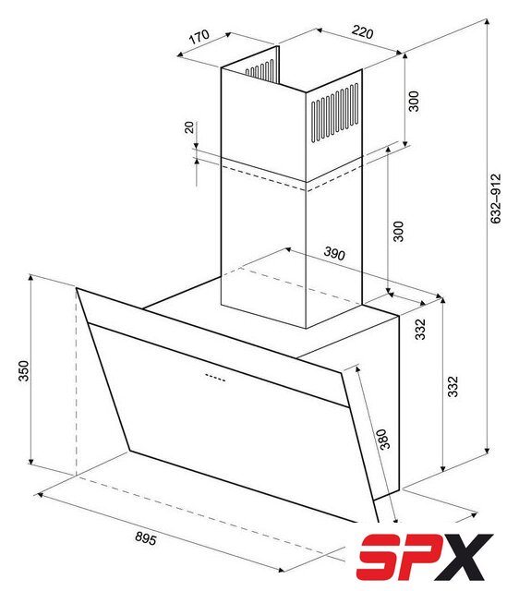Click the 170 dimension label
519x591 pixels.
click(199, 36)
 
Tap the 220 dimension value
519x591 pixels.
click(363, 32)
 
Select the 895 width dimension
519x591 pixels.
click(146, 538)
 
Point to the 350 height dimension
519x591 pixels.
click(23, 371)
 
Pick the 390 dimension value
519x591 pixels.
click(334, 254)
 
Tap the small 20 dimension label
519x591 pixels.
click(189, 127)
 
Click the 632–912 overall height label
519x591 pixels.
click(496, 199)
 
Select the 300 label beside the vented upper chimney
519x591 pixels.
click(414, 101)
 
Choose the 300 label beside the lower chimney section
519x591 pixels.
click(398, 232)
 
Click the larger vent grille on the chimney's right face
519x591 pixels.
click(334, 113)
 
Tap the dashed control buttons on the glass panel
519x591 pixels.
click(215, 378)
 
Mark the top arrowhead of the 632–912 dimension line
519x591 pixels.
click(487, 20)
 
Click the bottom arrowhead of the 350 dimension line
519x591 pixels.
click(30, 462)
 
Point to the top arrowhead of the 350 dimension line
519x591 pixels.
click(30, 278)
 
